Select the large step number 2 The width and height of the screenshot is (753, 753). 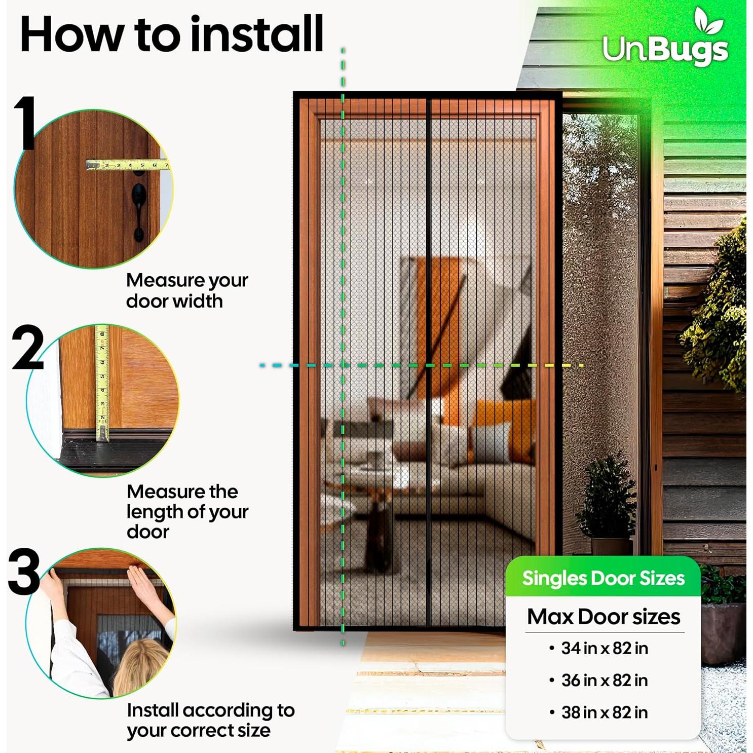28,349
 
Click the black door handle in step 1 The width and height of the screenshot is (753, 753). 139,208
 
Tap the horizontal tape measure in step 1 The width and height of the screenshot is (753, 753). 127,165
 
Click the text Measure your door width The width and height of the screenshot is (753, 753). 186,290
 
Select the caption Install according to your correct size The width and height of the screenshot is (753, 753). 210,720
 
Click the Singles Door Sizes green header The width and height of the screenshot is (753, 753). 603,578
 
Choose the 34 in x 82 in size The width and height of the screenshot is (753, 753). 604,648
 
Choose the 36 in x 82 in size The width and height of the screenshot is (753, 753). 604,681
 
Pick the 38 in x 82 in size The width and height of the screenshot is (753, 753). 604,712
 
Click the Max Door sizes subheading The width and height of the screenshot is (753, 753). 603,617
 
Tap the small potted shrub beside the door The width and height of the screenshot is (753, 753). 608,499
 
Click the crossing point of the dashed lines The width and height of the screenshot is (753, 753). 343,365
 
